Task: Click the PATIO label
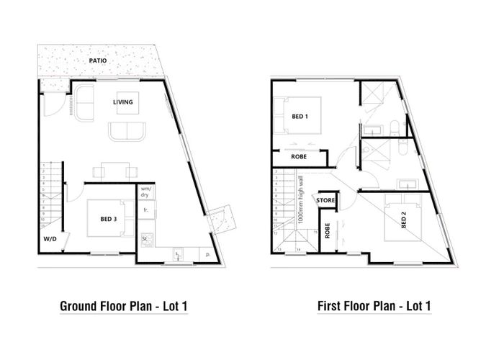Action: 99,61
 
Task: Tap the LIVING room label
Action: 123,102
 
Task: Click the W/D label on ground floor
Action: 50,238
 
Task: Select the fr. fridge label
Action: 145,210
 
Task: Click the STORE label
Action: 325,199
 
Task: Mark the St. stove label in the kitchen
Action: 145,237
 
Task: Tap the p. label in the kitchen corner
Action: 207,253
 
